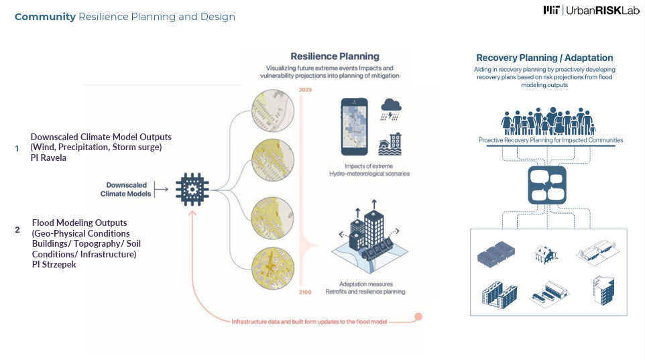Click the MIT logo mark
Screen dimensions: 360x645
[552, 10]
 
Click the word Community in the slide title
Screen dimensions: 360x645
[45, 17]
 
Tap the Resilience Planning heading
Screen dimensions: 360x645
[335, 56]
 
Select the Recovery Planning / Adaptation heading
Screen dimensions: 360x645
[544, 58]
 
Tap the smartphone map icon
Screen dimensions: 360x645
[355, 127]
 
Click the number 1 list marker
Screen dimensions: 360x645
[17, 148]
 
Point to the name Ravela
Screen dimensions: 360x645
[54, 158]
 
